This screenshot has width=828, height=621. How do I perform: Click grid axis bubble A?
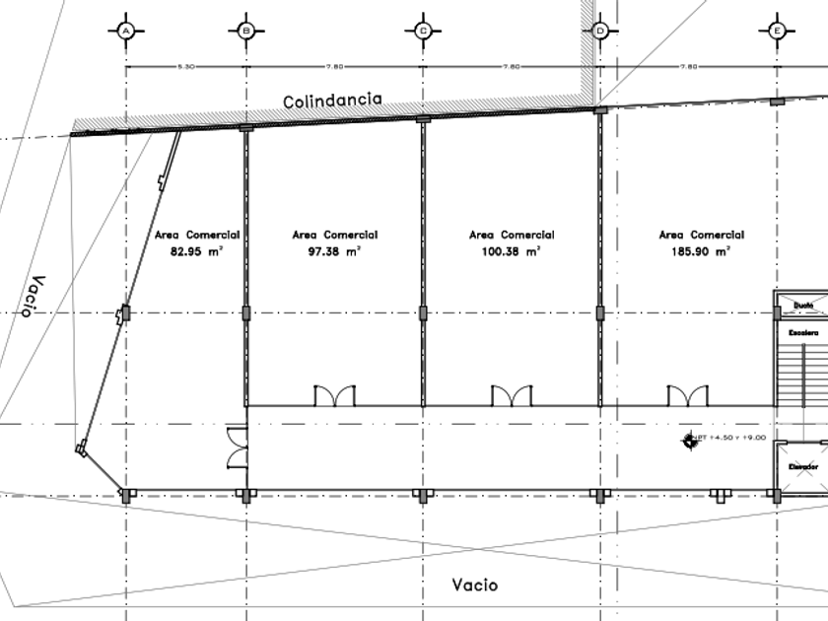pyautogui.click(x=126, y=31)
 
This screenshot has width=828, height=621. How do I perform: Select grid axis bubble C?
pyautogui.click(x=422, y=31)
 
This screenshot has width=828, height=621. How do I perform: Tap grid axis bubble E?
pyautogui.click(x=778, y=31)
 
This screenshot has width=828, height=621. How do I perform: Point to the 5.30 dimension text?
pyautogui.click(x=184, y=67)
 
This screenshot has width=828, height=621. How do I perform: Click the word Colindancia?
pyautogui.click(x=331, y=102)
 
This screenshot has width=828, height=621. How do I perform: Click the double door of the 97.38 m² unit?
pyautogui.click(x=334, y=395)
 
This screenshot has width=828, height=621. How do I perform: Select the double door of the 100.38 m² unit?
pyautogui.click(x=512, y=395)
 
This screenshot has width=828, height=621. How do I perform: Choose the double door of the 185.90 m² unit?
pyautogui.click(x=687, y=395)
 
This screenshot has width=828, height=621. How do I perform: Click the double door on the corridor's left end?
pyautogui.click(x=237, y=448)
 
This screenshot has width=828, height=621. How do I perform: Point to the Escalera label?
pyautogui.click(x=802, y=334)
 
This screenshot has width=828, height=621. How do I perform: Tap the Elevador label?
pyautogui.click(x=802, y=466)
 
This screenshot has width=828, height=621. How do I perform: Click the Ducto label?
pyautogui.click(x=802, y=306)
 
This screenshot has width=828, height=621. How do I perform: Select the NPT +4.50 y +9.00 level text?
pyautogui.click(x=730, y=438)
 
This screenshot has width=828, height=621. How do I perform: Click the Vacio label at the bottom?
pyautogui.click(x=475, y=585)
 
